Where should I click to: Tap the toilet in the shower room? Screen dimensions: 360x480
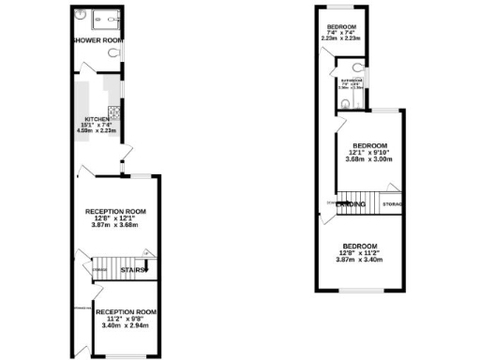point(112,54)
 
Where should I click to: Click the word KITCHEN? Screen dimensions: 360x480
point(97,119)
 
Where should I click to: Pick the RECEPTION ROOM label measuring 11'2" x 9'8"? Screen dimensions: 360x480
point(125,312)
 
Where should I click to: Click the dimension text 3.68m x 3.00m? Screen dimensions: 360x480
point(368,159)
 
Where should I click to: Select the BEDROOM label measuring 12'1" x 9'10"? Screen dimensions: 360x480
point(368,145)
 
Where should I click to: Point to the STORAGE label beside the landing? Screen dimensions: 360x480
point(393,203)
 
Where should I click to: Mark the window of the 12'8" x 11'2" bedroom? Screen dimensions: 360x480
point(357,290)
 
